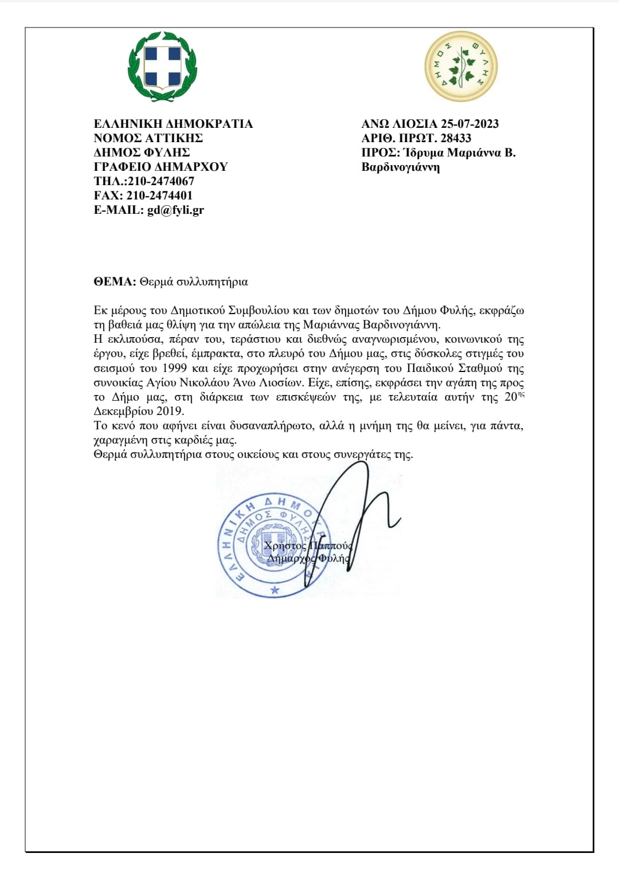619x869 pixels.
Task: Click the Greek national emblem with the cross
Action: (162, 66)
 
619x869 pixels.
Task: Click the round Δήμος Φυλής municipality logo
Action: (461, 66)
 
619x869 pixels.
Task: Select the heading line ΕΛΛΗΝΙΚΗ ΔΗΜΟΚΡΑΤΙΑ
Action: (173, 124)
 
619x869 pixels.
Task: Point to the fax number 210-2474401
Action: (159, 195)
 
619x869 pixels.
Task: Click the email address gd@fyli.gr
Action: (175, 210)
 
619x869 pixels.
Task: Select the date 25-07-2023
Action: (469, 124)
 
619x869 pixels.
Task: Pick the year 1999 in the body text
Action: (174, 368)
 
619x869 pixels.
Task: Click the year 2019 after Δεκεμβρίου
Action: (169, 411)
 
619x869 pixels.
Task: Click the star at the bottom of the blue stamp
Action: (275, 590)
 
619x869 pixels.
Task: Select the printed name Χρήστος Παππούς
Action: (308, 546)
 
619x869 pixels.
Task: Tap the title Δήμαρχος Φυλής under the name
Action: (308, 558)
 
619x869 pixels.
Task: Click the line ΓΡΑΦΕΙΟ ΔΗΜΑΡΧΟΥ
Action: (160, 167)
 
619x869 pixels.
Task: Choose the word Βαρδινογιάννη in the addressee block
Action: (401, 167)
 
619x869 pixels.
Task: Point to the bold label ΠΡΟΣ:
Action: (381, 153)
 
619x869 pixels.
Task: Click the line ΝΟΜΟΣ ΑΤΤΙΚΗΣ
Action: (148, 138)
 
